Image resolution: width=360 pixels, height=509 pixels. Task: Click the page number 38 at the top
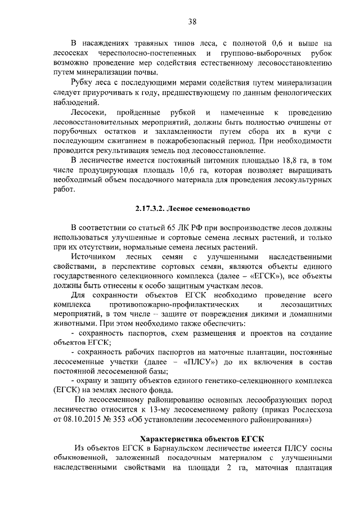[192, 22]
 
